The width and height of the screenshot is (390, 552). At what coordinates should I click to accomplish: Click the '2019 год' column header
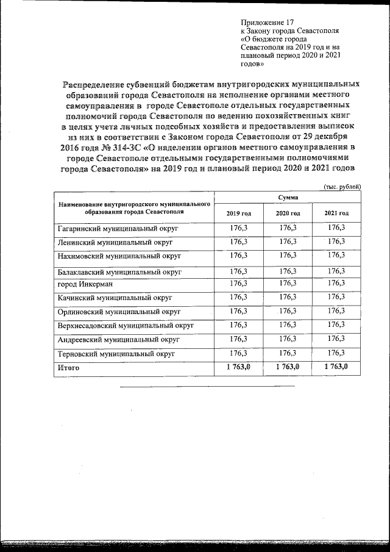pyautogui.click(x=238, y=213)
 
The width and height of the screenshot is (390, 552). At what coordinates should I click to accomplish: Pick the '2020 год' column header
pyautogui.click(x=288, y=213)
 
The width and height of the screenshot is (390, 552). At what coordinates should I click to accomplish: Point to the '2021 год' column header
pyautogui.click(x=336, y=213)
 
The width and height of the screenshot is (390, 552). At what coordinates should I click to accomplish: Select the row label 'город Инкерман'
pyautogui.click(x=85, y=284)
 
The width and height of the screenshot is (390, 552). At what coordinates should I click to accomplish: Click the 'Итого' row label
pyautogui.click(x=68, y=368)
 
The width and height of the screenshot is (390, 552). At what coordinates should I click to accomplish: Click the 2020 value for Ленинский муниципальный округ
pyautogui.click(x=288, y=242)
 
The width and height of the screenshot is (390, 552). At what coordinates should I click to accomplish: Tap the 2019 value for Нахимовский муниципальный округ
pyautogui.click(x=238, y=255)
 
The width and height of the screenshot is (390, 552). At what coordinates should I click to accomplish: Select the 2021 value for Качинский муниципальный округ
pyautogui.click(x=336, y=296)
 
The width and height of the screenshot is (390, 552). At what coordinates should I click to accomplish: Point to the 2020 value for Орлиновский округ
pyautogui.click(x=288, y=310)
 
